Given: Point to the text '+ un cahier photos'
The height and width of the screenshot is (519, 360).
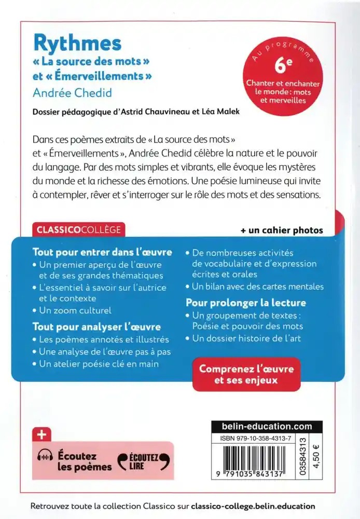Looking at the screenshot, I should (282, 230).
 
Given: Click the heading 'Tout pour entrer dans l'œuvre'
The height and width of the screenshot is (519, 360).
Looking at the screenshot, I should (102, 253).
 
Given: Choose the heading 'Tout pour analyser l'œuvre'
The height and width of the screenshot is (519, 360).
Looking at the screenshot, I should (96, 327).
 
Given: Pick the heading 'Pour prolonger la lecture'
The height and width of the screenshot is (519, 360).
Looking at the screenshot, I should (246, 303).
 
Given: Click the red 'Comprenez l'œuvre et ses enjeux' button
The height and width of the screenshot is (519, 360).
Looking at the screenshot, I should (246, 374).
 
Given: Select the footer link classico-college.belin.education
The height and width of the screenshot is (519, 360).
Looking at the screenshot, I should (253, 506).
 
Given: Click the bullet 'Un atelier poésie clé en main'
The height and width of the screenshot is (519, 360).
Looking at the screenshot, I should (99, 364).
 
